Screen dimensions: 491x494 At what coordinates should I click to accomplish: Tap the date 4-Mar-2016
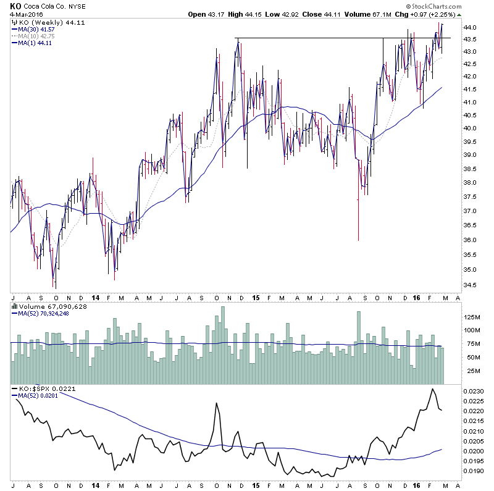tap(28, 14)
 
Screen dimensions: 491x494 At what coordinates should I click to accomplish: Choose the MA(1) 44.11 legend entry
tap(34, 43)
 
